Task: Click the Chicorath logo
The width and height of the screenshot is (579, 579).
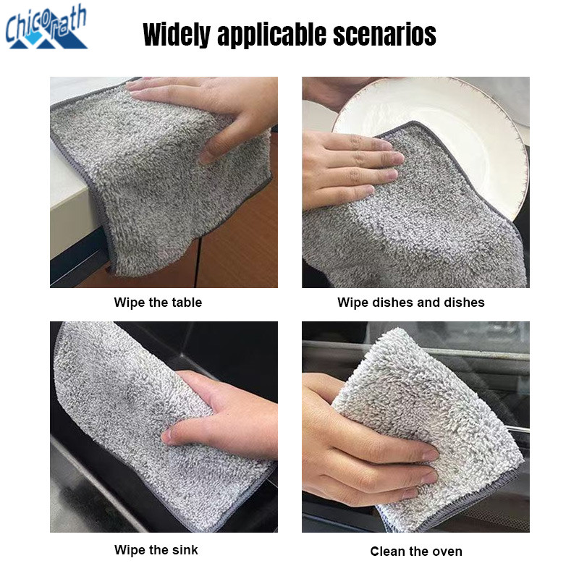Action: click(x=46, y=28)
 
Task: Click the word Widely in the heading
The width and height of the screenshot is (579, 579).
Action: click(x=177, y=35)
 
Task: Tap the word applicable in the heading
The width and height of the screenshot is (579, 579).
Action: click(x=272, y=35)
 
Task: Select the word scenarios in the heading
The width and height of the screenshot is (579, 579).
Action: click(x=384, y=34)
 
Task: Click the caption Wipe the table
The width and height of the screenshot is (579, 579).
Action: click(x=158, y=303)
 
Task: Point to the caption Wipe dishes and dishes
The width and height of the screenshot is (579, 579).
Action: click(x=410, y=303)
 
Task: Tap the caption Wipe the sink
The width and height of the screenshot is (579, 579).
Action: click(x=156, y=550)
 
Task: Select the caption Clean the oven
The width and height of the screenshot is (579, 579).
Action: click(x=416, y=551)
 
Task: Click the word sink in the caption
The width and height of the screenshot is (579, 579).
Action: click(x=185, y=550)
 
